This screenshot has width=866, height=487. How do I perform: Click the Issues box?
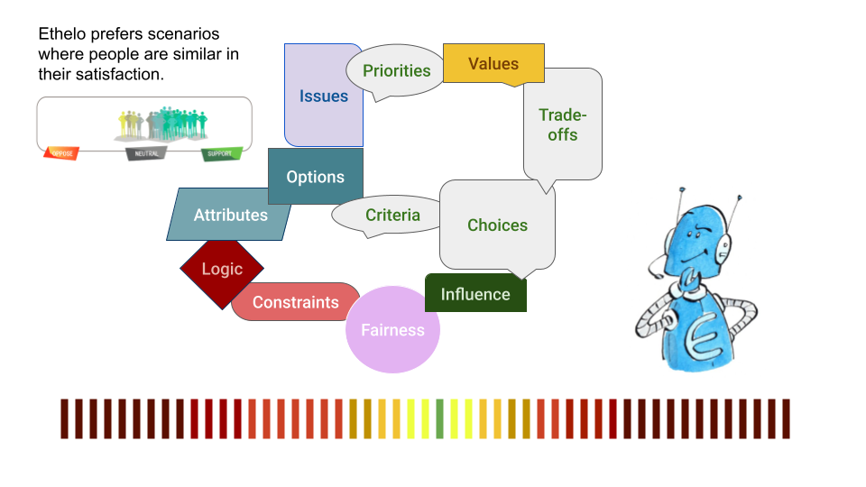[x=323, y=96]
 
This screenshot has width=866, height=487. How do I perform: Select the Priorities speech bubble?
[x=396, y=71]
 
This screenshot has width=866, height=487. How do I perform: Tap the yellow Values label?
[x=493, y=64]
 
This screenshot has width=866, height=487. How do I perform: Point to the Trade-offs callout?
[x=563, y=124]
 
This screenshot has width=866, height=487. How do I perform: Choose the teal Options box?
[x=316, y=177]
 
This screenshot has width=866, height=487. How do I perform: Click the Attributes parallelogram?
[x=231, y=215]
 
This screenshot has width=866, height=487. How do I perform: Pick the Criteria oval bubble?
[x=392, y=216]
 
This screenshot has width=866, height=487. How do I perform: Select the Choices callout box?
[x=497, y=225]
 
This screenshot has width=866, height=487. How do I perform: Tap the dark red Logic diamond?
[x=222, y=269]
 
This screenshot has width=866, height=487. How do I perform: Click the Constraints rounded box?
[x=295, y=302]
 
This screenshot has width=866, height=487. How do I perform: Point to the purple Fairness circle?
[x=392, y=330]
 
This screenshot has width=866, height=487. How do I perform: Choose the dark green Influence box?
[x=475, y=294]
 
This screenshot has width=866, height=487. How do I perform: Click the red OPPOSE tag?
[x=61, y=153]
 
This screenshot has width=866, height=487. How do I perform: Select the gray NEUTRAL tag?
[x=146, y=153]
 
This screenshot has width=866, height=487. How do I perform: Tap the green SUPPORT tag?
[x=221, y=153]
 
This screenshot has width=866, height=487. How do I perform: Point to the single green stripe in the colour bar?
[x=439, y=418]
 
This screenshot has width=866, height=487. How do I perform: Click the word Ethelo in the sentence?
[x=61, y=33]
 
